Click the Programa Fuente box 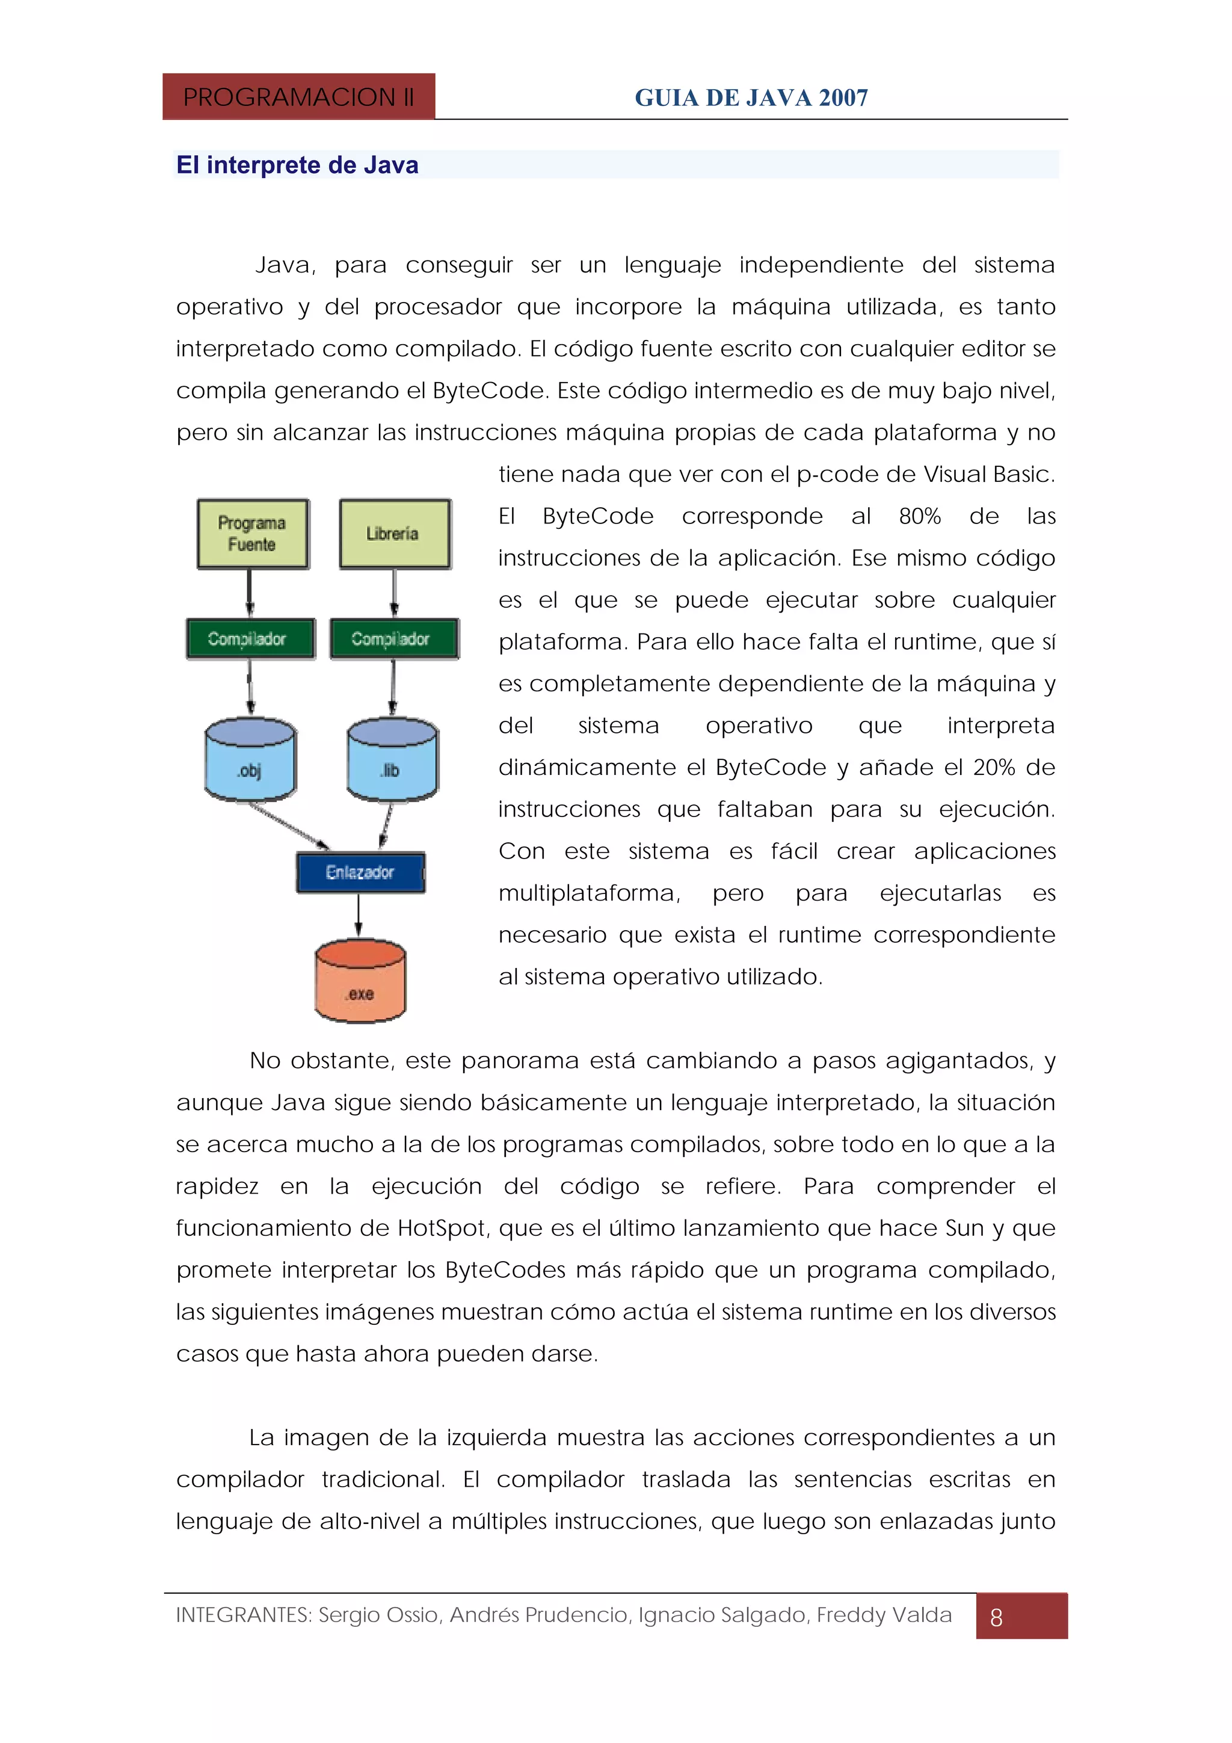[253, 534]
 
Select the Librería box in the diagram [395, 534]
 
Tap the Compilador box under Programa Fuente [250, 638]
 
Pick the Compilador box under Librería [393, 638]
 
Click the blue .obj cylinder [250, 759]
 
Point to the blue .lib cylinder [392, 759]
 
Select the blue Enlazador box [360, 872]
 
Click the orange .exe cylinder [360, 981]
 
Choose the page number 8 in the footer [997, 1617]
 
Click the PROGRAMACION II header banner [298, 97]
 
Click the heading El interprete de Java [297, 165]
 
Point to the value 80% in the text [919, 516]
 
